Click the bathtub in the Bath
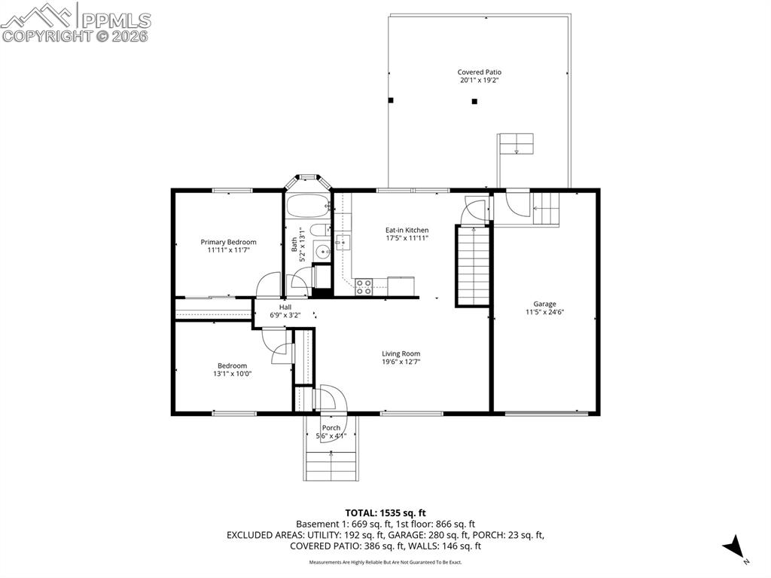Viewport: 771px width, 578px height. click(x=309, y=204)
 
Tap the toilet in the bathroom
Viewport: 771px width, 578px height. click(x=320, y=230)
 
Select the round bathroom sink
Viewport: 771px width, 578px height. click(x=322, y=252)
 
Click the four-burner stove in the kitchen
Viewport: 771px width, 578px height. click(x=364, y=286)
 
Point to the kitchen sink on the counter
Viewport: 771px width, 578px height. click(x=343, y=242)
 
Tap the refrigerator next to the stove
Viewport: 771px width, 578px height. click(x=401, y=286)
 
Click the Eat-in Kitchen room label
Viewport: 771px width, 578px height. click(x=407, y=231)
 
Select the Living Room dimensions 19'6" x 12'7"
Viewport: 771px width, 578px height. click(x=401, y=362)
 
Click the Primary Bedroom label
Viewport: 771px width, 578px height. click(x=228, y=243)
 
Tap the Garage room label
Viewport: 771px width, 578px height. click(x=545, y=304)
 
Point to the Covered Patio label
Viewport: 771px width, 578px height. click(x=480, y=72)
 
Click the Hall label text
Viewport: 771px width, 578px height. click(x=285, y=307)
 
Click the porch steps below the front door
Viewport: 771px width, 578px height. click(x=331, y=463)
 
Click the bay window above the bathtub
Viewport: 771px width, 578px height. click(x=308, y=179)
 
